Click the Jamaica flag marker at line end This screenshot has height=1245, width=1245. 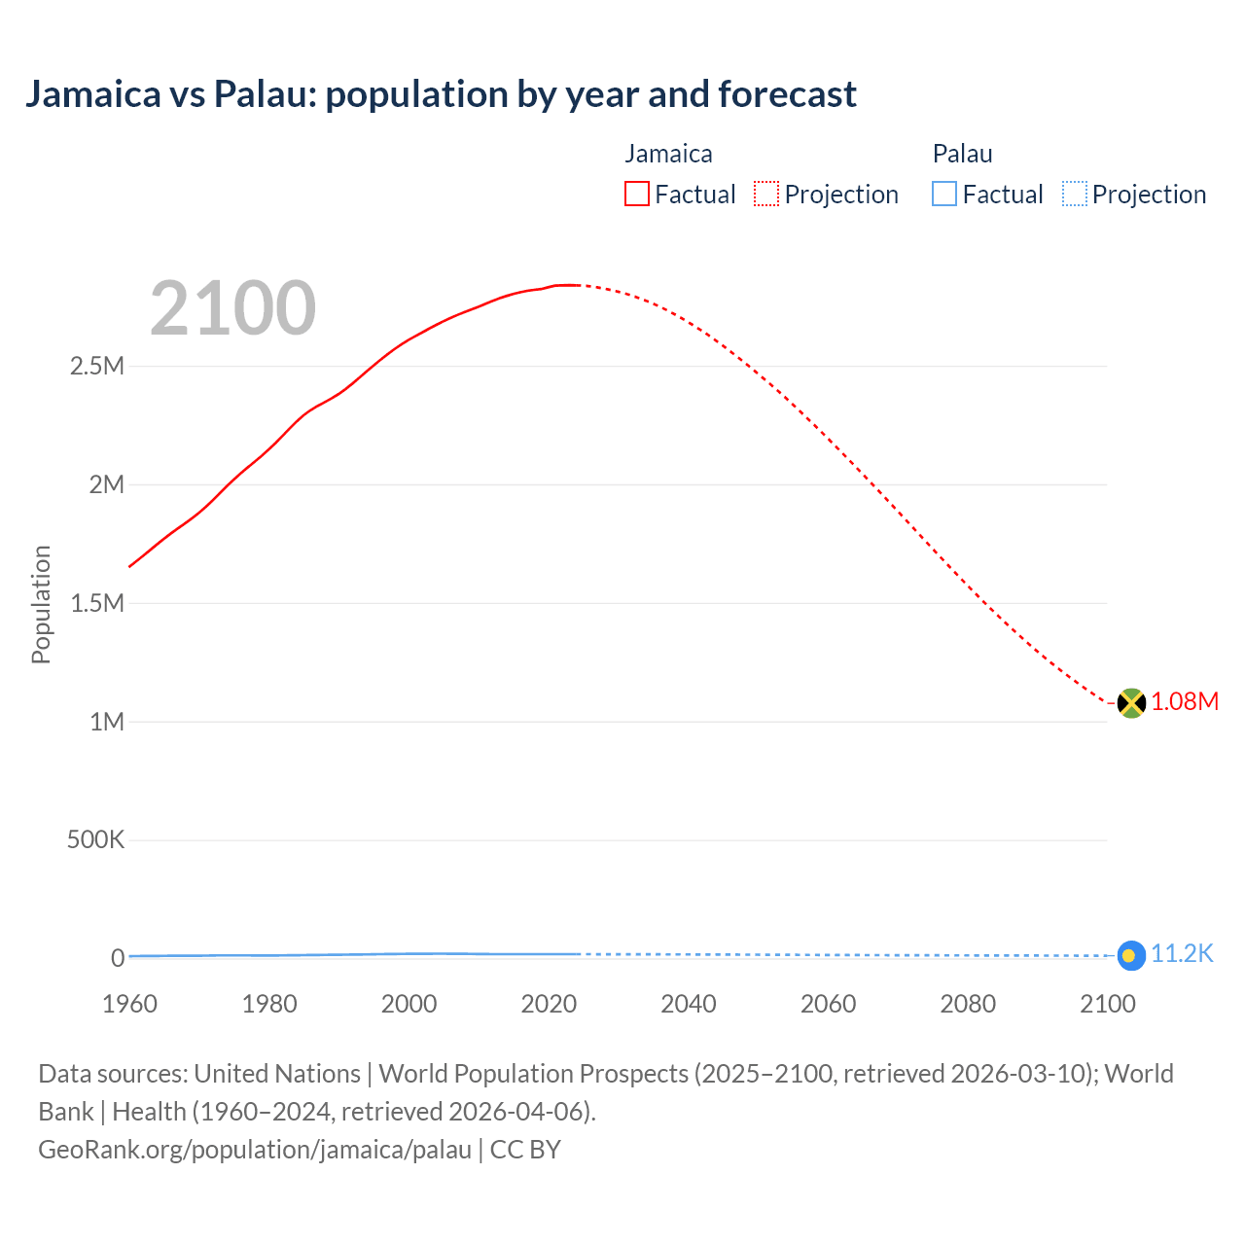click(x=1130, y=702)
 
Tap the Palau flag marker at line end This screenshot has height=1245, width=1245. click(x=1130, y=955)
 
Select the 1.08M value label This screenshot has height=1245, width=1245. click(x=1185, y=702)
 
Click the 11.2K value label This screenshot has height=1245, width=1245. click(x=1182, y=954)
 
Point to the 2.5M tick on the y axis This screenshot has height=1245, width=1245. click(x=97, y=367)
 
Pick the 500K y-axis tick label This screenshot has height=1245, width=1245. click(x=95, y=840)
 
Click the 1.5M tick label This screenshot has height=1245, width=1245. click(x=97, y=604)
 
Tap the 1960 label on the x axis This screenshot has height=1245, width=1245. click(x=129, y=1004)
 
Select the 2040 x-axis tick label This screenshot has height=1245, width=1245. click(x=689, y=1004)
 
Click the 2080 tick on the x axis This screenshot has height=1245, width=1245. click(x=968, y=1004)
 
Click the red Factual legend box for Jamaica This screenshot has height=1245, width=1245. click(x=637, y=195)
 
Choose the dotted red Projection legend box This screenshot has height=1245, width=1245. click(x=766, y=195)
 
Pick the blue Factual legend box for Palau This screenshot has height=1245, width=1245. click(x=944, y=195)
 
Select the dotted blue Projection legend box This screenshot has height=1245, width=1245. click(x=1074, y=195)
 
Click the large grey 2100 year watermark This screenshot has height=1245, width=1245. click(x=232, y=308)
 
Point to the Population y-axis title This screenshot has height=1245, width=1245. click(x=41, y=604)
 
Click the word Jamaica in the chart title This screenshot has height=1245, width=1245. click(x=93, y=94)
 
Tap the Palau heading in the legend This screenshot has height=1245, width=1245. click(x=962, y=154)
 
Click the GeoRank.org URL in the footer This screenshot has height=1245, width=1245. click(x=255, y=1150)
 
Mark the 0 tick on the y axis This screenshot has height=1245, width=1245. click(x=118, y=958)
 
